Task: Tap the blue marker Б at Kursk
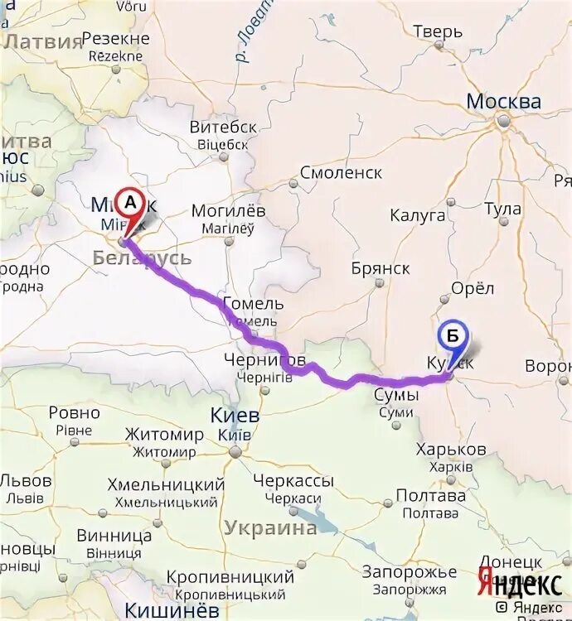[453, 337]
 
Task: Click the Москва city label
[503, 102]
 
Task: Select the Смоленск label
[341, 173]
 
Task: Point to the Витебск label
[223, 128]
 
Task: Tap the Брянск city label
[381, 268]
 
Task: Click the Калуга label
[418, 215]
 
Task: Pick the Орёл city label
[473, 288]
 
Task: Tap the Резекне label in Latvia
[115, 39]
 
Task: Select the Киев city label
[236, 416]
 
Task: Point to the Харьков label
[453, 449]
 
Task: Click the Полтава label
[431, 496]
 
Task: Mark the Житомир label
[164, 435]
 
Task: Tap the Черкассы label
[293, 480]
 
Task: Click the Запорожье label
[409, 572]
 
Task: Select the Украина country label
[270, 528]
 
